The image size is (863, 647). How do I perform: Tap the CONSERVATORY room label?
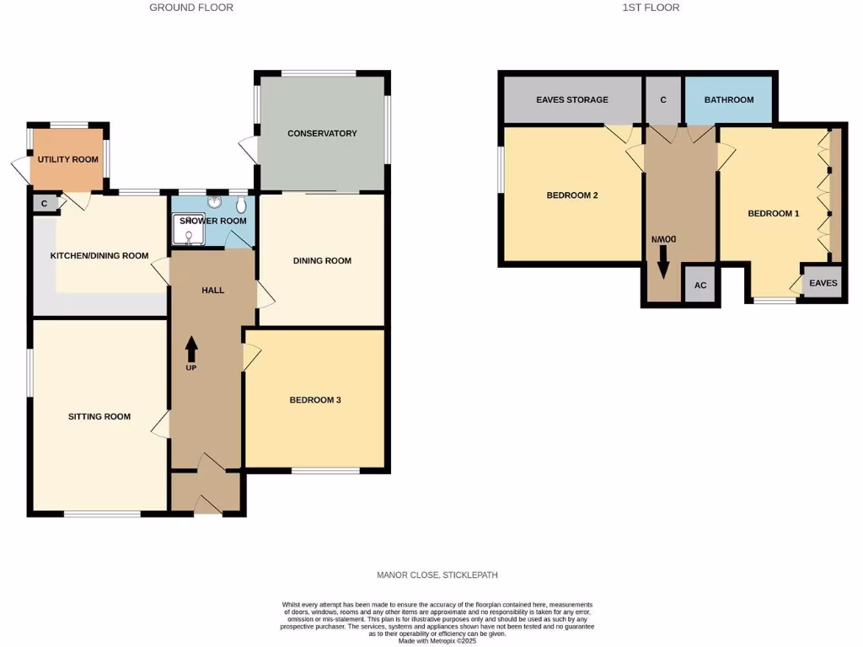pos(322,133)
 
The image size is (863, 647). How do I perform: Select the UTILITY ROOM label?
pos(67,159)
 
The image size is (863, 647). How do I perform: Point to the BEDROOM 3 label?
pos(314,400)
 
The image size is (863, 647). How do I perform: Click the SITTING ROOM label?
pos(99,416)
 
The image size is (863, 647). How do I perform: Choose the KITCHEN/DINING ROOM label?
pos(99,256)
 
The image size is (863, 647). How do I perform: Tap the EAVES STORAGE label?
pos(572,99)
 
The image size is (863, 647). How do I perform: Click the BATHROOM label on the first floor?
pos(729,99)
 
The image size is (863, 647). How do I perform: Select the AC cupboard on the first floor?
pos(700,285)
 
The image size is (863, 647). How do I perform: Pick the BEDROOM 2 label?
pos(572,195)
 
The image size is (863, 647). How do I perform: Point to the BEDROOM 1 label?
pos(773,213)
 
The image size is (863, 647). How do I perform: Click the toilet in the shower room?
pos(242,205)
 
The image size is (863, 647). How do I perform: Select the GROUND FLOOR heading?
pos(191,8)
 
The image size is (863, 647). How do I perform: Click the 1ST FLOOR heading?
pos(651,8)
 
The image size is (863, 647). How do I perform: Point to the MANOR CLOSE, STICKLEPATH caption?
pos(437,575)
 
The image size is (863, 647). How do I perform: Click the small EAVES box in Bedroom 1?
pos(823,283)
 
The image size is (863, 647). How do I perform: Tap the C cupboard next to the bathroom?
pos(663,99)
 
